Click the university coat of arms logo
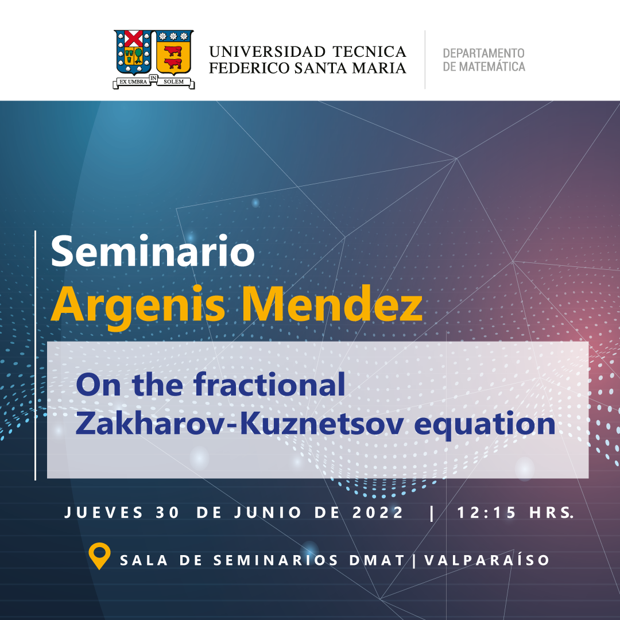(x=154, y=59)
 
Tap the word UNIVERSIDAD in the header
(x=268, y=52)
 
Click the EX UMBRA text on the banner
(x=133, y=82)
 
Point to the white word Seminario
(x=153, y=251)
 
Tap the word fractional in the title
(x=269, y=384)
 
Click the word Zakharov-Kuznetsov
(x=239, y=424)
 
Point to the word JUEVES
(x=103, y=513)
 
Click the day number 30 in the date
(x=167, y=513)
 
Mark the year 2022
(x=377, y=513)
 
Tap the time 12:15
(x=486, y=513)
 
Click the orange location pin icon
(x=99, y=556)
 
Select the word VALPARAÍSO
(x=487, y=560)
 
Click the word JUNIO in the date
(x=268, y=513)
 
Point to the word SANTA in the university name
(x=321, y=68)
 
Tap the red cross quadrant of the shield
(x=134, y=39)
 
